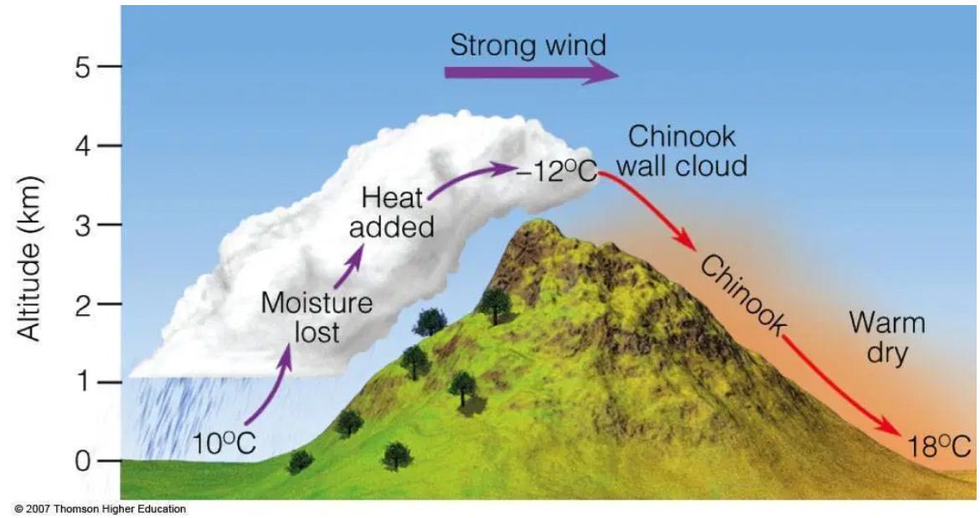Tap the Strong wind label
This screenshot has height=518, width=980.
click(x=528, y=44)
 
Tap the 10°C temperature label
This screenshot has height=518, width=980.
click(x=224, y=444)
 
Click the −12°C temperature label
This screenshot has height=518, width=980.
click(x=558, y=172)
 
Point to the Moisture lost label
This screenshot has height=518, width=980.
click(x=317, y=316)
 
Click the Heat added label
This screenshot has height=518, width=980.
click(x=392, y=212)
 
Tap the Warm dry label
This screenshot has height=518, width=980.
click(x=887, y=337)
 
